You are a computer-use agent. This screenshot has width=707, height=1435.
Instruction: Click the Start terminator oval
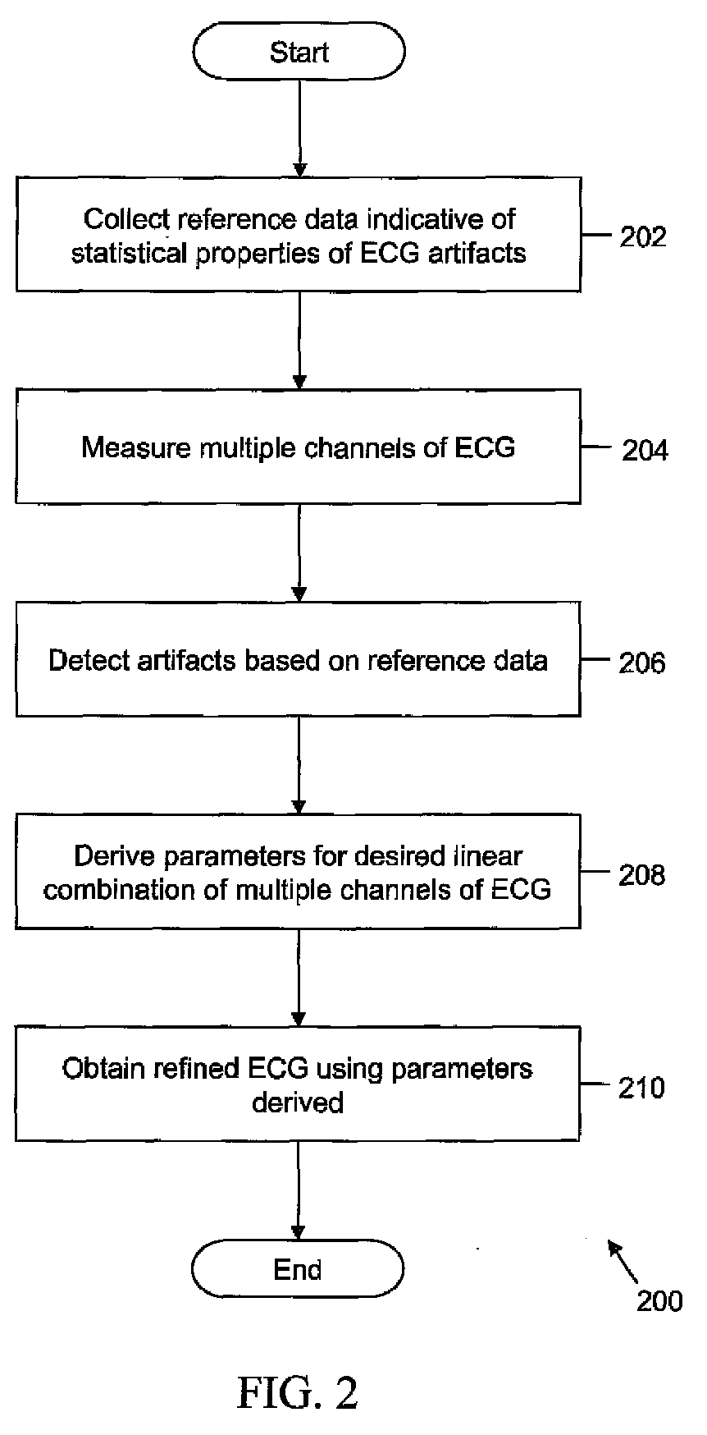click(299, 52)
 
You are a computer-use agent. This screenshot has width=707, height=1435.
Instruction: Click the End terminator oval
click(298, 1269)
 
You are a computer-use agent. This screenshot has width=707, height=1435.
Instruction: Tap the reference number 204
click(645, 450)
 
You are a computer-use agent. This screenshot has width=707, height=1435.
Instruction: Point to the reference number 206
click(642, 662)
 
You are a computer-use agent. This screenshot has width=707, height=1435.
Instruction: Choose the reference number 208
click(642, 875)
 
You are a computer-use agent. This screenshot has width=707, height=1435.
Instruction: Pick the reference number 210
click(642, 1088)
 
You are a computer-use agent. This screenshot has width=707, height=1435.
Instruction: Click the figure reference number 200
click(659, 1301)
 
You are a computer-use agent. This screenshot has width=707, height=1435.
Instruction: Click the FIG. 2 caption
click(299, 1392)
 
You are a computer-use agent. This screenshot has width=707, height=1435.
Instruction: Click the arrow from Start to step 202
click(299, 128)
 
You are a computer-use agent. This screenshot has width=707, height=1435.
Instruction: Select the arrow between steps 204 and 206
click(299, 552)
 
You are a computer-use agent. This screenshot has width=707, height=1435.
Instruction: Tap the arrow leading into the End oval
click(298, 1190)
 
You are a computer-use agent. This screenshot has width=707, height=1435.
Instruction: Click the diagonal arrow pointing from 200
click(622, 1261)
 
